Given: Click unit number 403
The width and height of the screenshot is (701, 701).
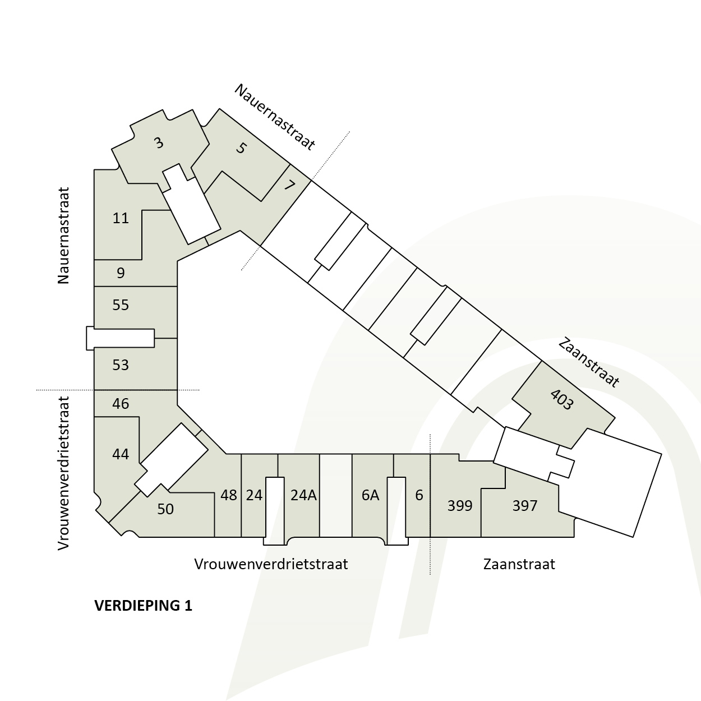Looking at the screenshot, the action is (x=562, y=399).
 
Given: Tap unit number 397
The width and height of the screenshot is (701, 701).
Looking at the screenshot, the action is (x=524, y=506).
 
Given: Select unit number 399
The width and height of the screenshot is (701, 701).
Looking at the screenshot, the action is (x=460, y=506).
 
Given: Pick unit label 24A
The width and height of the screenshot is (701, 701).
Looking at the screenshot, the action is (x=303, y=495).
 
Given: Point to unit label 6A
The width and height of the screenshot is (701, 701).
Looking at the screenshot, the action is (x=370, y=495).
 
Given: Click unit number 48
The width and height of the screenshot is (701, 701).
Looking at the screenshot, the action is (x=229, y=495).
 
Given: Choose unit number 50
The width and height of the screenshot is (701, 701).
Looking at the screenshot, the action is (x=165, y=509).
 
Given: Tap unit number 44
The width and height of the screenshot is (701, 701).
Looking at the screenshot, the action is (x=121, y=454).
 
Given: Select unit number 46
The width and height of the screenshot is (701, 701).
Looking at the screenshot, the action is (x=121, y=403).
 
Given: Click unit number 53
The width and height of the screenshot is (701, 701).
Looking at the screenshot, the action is (x=121, y=365).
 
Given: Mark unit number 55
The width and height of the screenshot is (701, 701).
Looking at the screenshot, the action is (x=121, y=305).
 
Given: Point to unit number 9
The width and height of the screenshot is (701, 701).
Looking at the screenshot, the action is (x=121, y=273).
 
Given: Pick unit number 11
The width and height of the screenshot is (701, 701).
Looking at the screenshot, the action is (x=121, y=218).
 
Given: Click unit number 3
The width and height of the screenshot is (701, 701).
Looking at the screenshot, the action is (x=159, y=143).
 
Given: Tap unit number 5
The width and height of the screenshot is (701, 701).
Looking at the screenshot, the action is (x=241, y=148).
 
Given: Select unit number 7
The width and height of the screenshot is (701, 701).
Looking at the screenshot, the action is (x=289, y=186).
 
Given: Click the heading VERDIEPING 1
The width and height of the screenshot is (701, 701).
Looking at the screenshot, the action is (x=144, y=606).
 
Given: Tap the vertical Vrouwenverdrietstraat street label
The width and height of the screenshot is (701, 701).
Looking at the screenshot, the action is (x=63, y=473).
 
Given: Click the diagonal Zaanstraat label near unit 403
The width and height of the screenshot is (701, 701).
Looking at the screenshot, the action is (x=588, y=363).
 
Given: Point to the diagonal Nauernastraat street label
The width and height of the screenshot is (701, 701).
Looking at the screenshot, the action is (x=275, y=117).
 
